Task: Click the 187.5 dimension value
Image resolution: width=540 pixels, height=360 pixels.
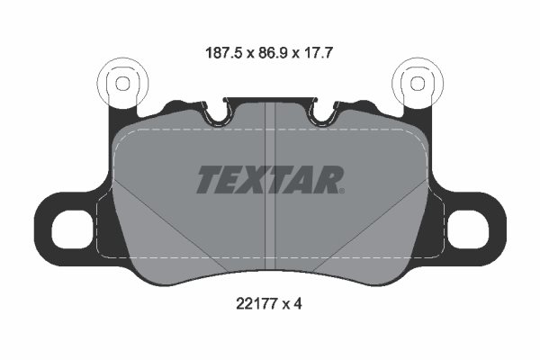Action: coord(225,53)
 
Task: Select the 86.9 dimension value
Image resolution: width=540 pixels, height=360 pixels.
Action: coord(273,53)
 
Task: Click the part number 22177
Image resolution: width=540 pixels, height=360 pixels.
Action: coord(256,303)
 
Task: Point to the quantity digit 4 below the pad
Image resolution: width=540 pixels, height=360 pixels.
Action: coord(298,303)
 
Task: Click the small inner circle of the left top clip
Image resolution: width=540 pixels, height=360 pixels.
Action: coord(122,84)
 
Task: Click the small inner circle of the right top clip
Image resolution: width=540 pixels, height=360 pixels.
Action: coord(418,84)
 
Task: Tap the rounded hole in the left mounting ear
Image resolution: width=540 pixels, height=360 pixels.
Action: coord(70,229)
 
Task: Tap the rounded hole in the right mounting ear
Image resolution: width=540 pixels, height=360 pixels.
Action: coord(470,229)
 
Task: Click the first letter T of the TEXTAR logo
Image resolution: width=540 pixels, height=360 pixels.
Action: coord(211,179)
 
